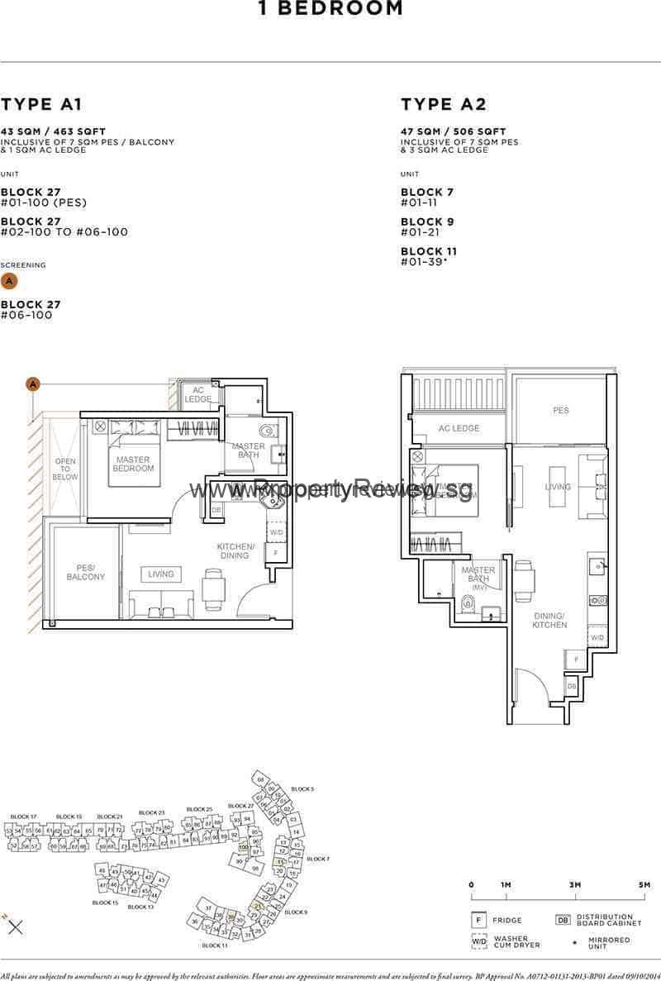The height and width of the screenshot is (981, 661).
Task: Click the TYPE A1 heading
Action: click(x=41, y=104)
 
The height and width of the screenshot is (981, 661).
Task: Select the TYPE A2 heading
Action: click(x=444, y=104)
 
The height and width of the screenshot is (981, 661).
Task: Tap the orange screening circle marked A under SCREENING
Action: click(x=9, y=281)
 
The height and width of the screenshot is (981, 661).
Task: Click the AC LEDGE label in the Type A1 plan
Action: click(x=198, y=394)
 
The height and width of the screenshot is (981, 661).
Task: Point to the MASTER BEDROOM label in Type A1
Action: click(x=133, y=464)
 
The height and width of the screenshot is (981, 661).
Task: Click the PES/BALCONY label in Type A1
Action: click(x=85, y=572)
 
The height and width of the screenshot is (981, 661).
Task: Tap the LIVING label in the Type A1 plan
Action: click(x=161, y=574)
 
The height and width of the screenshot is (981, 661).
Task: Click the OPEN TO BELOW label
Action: click(x=65, y=469)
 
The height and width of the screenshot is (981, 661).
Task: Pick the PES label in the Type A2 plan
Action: click(x=561, y=410)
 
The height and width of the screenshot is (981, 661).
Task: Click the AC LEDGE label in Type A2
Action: click(x=459, y=429)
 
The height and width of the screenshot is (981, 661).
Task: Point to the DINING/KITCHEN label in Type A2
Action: click(x=549, y=620)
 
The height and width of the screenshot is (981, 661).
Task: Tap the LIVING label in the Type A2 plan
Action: click(x=558, y=487)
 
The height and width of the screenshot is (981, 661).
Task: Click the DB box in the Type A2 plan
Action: click(x=571, y=686)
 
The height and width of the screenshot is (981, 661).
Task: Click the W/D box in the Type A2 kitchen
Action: click(x=597, y=637)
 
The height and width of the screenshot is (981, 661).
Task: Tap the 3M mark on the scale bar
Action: click(x=574, y=885)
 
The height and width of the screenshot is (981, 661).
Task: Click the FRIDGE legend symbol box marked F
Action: click(x=478, y=920)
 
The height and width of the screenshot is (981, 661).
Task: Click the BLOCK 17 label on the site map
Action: click(x=23, y=817)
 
